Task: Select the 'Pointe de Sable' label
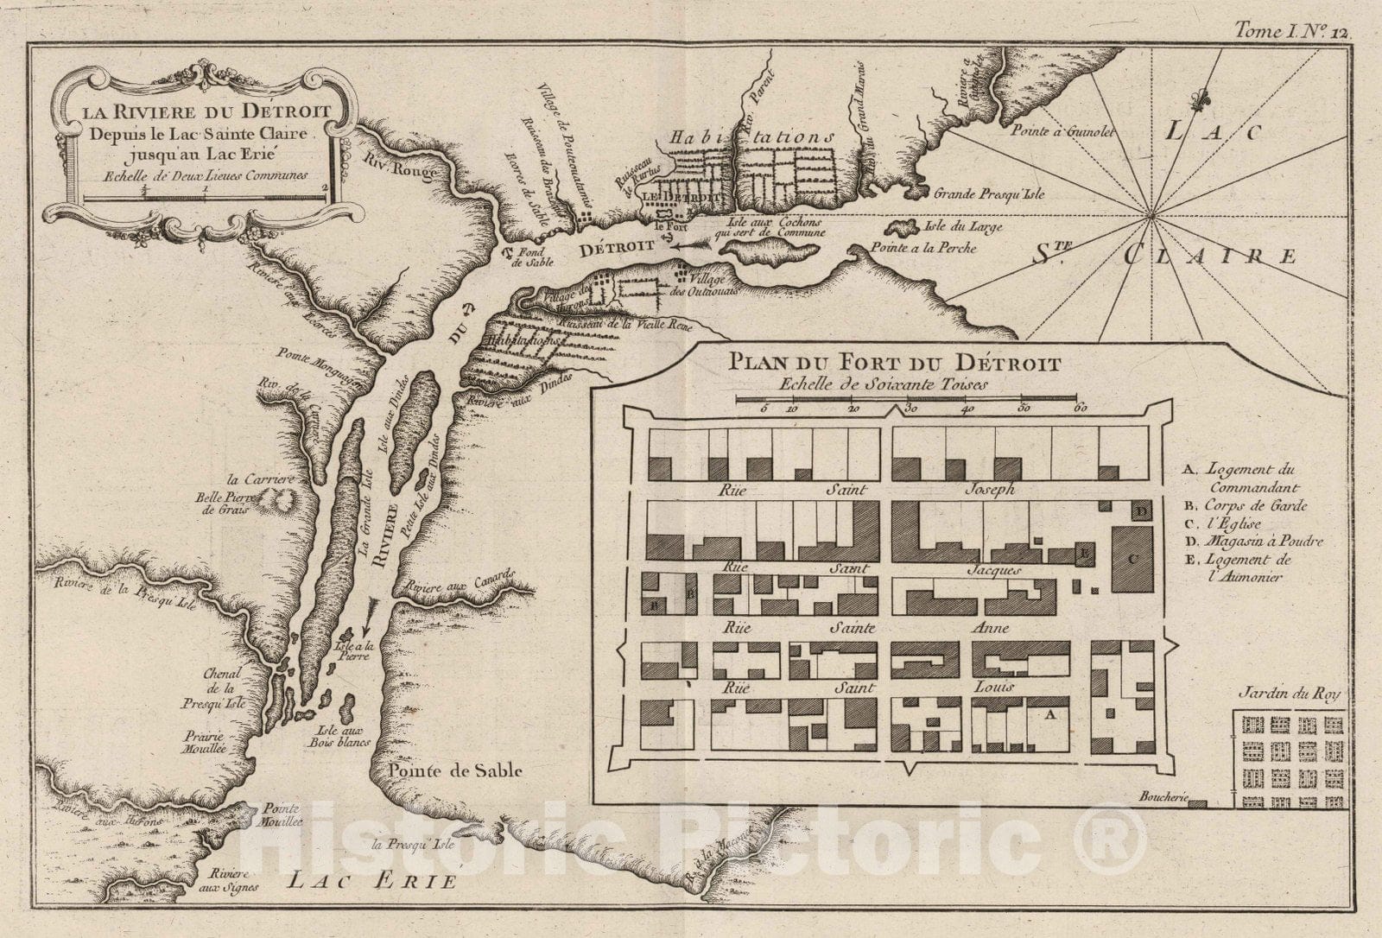[x=454, y=771]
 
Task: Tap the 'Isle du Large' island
[x=903, y=228]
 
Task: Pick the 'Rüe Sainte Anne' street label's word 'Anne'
[x=990, y=629]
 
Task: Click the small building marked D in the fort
[x=1140, y=510]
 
